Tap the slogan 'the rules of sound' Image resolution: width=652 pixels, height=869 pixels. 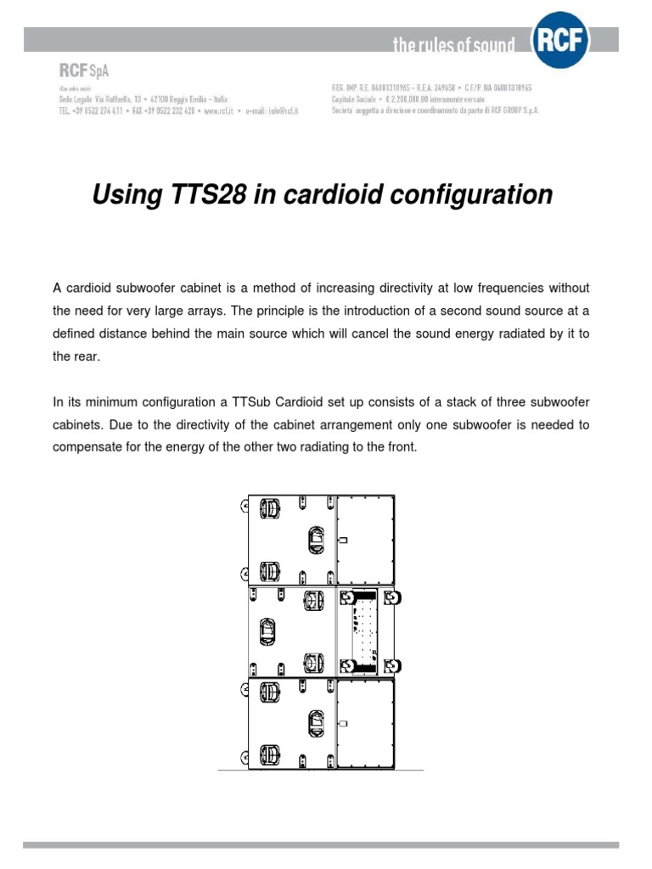453,45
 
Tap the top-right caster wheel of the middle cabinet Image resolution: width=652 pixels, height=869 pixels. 391,598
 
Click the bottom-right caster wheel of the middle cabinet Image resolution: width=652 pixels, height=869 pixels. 391,664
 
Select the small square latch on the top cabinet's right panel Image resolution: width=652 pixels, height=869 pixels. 343,540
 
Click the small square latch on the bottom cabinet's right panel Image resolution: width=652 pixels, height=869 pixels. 343,724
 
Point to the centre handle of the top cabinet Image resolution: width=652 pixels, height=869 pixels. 315,538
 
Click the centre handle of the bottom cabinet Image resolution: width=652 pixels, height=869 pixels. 315,724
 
